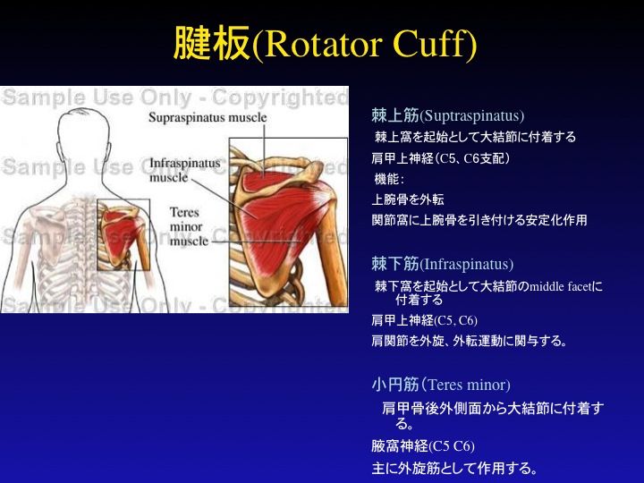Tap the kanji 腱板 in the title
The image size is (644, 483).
(x=211, y=43)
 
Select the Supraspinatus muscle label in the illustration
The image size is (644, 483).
(x=208, y=117)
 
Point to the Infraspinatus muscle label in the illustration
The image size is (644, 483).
(x=184, y=170)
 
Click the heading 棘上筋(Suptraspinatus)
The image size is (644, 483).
(x=448, y=115)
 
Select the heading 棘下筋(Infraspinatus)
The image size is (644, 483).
(x=443, y=264)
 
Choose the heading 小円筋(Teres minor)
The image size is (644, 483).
(x=441, y=385)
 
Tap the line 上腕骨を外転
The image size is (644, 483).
(x=408, y=199)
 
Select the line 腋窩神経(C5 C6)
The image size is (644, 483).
(x=422, y=446)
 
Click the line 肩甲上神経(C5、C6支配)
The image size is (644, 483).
(x=440, y=158)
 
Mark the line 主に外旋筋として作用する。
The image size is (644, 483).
(x=454, y=468)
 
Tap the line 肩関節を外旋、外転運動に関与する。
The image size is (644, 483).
(x=469, y=341)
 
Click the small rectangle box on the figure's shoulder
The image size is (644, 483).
(x=123, y=234)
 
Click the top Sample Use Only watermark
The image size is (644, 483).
(x=174, y=97)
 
